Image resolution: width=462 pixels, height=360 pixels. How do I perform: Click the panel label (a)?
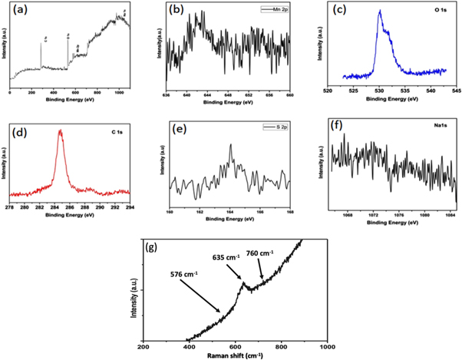17,12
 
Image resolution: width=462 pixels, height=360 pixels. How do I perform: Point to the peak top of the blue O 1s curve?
379,11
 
